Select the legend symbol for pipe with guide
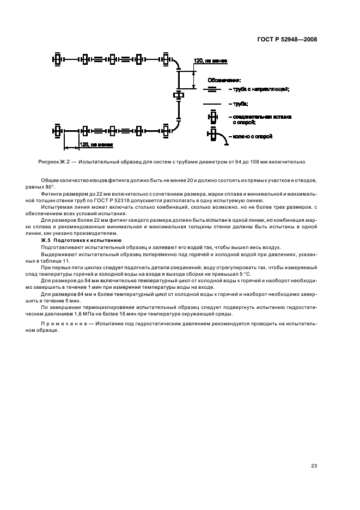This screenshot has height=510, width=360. click(212, 89)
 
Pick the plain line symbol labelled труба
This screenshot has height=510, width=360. click(212, 104)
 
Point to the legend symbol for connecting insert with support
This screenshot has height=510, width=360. click(212, 119)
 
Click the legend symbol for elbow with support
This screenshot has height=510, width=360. click(214, 137)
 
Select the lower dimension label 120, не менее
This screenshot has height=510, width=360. click(96, 145)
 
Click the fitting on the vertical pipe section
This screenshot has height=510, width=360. click(179, 95)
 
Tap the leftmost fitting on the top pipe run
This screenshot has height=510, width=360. click(57, 59)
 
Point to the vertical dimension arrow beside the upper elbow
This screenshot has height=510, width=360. click(194, 80)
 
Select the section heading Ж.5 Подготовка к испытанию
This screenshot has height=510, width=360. click(82, 240)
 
